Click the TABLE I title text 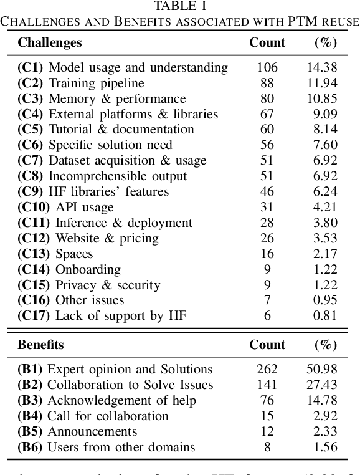tap(180, 6)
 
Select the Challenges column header tap(50, 42)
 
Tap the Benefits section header tap(41, 345)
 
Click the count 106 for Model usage tap(267, 67)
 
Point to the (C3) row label tap(30, 98)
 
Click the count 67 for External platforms tap(267, 114)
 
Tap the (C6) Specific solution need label tap(95, 145)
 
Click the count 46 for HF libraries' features tap(267, 192)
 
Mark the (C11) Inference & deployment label tap(105, 223)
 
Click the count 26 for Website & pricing tap(267, 239)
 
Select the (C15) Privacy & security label tap(89, 285)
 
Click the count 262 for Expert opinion tap(267, 370)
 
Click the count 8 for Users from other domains tap(267, 447)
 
